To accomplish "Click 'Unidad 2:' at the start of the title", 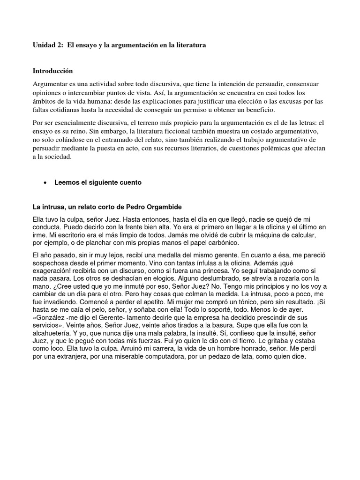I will tap(48, 45).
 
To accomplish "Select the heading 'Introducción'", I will tap(53, 71).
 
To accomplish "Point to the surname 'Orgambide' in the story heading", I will tap(159, 206).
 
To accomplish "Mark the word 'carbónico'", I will tap(221, 242).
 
